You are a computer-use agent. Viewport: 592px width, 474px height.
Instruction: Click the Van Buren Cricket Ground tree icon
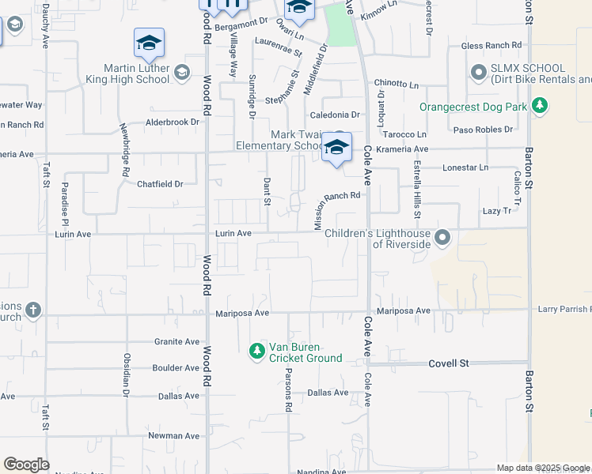pyautogui.click(x=256, y=350)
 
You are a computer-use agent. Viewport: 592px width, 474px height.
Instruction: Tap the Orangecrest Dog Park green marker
pyautogui.click(x=540, y=105)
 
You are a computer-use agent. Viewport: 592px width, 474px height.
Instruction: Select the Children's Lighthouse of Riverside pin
pyautogui.click(x=442, y=237)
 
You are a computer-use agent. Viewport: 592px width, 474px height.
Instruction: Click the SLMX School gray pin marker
pyautogui.click(x=478, y=73)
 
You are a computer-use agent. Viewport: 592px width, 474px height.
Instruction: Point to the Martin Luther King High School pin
pyautogui.click(x=181, y=73)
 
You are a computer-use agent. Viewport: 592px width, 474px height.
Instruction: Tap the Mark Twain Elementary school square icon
pyautogui.click(x=336, y=146)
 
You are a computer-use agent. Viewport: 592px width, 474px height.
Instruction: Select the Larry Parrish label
pyautogui.click(x=564, y=309)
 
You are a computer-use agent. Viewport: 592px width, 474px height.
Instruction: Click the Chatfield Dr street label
pyautogui.click(x=160, y=184)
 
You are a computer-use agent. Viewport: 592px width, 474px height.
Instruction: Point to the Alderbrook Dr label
pyautogui.click(x=173, y=122)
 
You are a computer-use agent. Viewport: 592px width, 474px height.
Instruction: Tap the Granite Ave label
pyautogui.click(x=178, y=342)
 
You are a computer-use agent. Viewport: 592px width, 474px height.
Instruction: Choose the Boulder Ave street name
pyautogui.click(x=176, y=368)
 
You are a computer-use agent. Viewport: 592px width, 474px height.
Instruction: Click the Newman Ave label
pyautogui.click(x=174, y=435)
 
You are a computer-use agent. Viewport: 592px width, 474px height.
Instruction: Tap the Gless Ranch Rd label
pyautogui.click(x=492, y=46)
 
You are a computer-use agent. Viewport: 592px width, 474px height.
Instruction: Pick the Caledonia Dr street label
pyautogui.click(x=335, y=115)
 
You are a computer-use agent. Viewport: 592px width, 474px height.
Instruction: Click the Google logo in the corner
pyautogui.click(x=26, y=465)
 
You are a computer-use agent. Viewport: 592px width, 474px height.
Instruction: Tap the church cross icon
pyautogui.click(x=32, y=309)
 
